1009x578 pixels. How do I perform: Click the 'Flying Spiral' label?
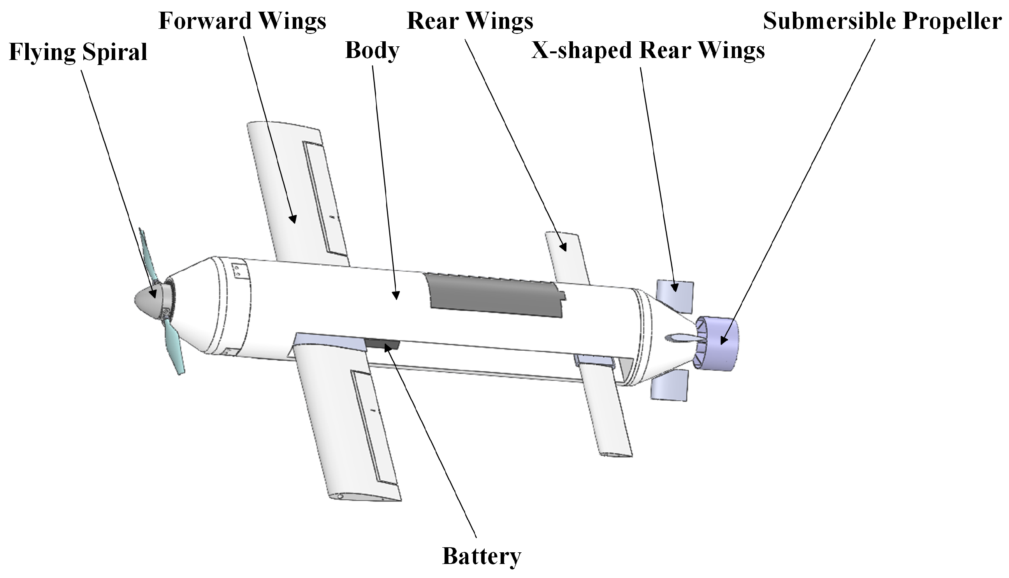[x=78, y=52]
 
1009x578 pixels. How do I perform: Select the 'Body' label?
[x=372, y=51]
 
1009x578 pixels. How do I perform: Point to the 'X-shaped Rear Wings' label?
[x=648, y=51]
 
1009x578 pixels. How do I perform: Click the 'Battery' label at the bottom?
[x=481, y=556]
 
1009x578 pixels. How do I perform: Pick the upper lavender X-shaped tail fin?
[x=675, y=296]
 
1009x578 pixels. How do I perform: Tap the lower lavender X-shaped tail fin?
[x=669, y=385]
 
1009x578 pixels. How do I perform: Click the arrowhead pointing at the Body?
[x=396, y=295]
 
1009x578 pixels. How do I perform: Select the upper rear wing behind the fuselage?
[x=567, y=258]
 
